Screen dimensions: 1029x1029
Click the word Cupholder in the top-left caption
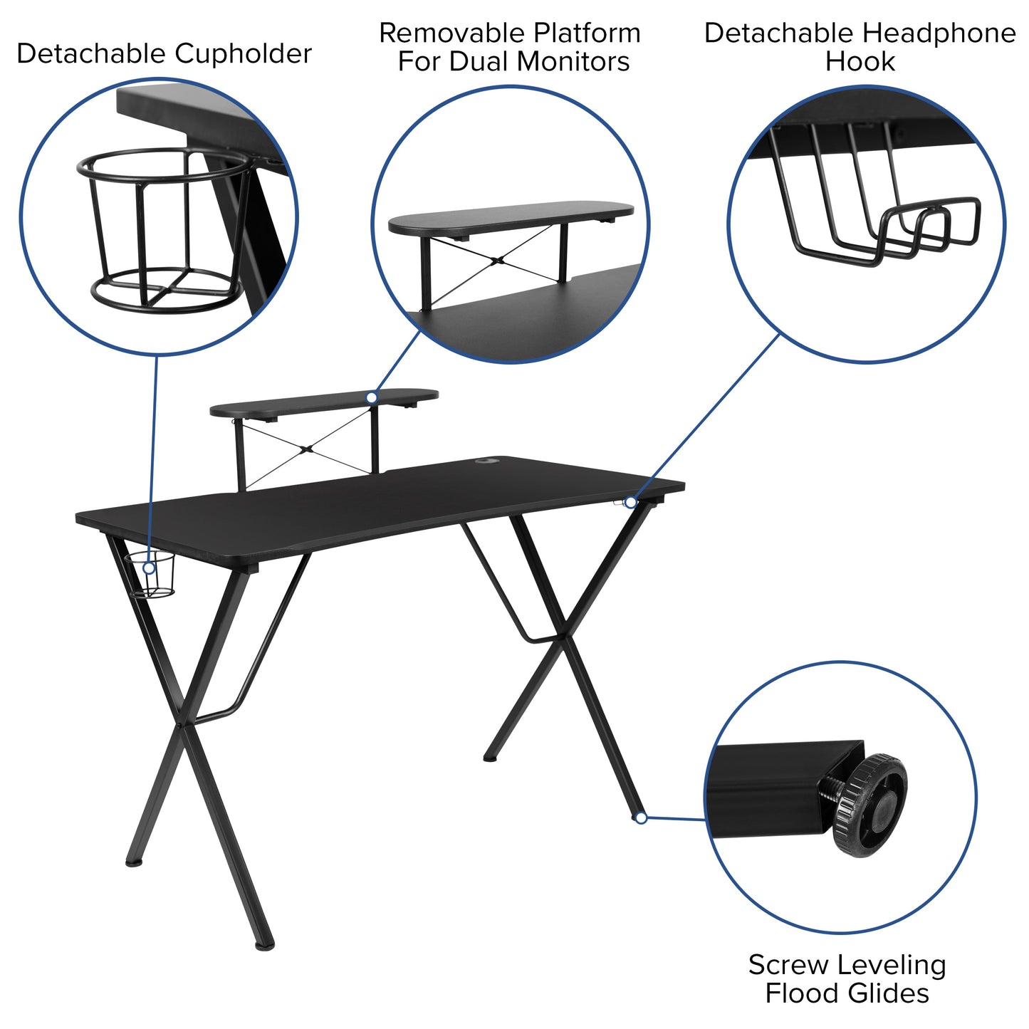[243, 54]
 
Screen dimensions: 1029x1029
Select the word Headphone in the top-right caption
[939, 33]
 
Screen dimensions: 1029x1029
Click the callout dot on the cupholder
[149, 568]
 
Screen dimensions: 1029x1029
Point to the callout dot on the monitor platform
[372, 397]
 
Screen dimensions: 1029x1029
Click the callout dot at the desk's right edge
[630, 503]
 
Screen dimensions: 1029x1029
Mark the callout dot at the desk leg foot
[641, 818]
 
